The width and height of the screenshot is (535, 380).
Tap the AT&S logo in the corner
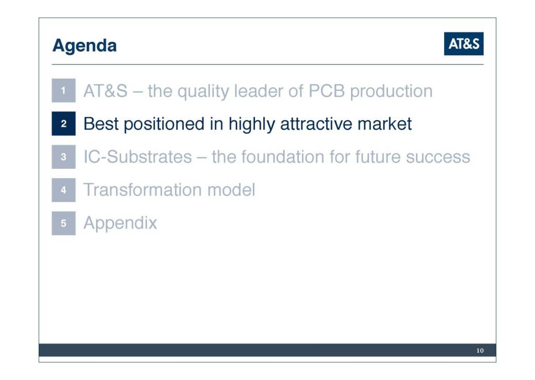[x=464, y=44]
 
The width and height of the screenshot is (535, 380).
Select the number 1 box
[x=63, y=90]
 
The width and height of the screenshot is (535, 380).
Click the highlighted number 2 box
[x=63, y=123]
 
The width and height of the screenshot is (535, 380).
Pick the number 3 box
[x=63, y=157]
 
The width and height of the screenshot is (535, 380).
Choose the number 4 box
[x=63, y=190]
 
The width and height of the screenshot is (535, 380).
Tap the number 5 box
[x=63, y=223]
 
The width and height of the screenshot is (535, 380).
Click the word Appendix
[x=120, y=224]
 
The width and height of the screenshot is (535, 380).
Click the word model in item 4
[x=231, y=190]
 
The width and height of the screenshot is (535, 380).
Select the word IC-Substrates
[x=138, y=157]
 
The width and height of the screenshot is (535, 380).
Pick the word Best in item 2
[x=101, y=123]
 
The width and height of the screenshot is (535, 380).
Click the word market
[x=385, y=123]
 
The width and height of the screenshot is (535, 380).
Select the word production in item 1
[x=391, y=91]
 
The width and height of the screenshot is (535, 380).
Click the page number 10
[x=480, y=351]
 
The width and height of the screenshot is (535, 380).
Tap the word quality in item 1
[x=203, y=91]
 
